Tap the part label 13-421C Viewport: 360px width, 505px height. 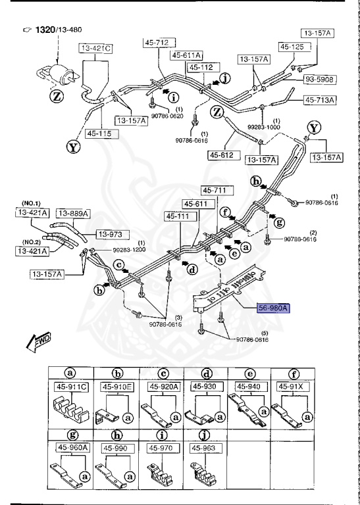(x=96, y=49)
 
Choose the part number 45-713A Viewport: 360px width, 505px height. (x=319, y=101)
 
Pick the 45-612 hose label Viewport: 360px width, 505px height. (x=222, y=155)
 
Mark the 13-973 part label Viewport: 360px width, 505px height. (x=113, y=234)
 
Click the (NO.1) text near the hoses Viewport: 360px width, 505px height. (x=32, y=203)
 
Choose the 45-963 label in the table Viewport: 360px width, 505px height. (x=204, y=447)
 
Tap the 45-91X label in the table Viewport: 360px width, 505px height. (x=294, y=386)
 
